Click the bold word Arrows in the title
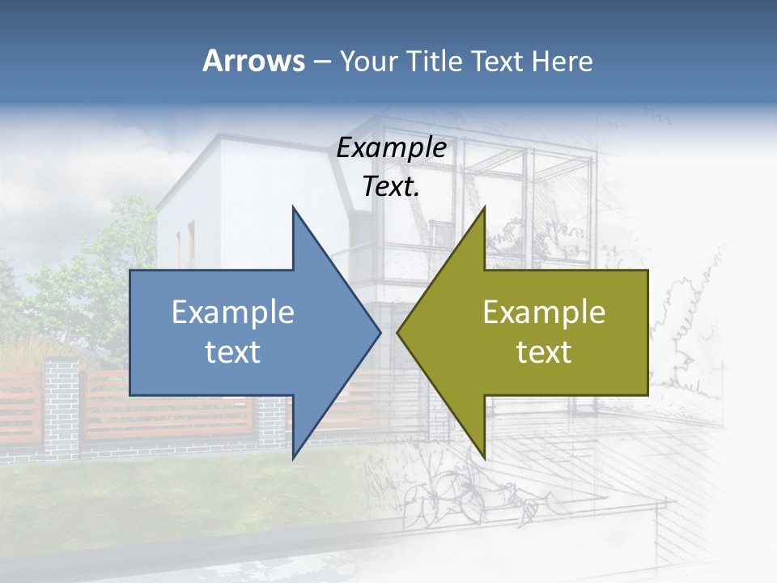(253, 62)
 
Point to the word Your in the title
(369, 62)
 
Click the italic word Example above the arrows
(391, 148)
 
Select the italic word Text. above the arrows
(391, 187)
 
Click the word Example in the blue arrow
(233, 313)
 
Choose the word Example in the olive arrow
(544, 313)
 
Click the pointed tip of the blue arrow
(380, 332)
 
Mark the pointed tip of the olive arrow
(398, 332)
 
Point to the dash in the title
(321, 62)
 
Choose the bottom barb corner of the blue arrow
(293, 457)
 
